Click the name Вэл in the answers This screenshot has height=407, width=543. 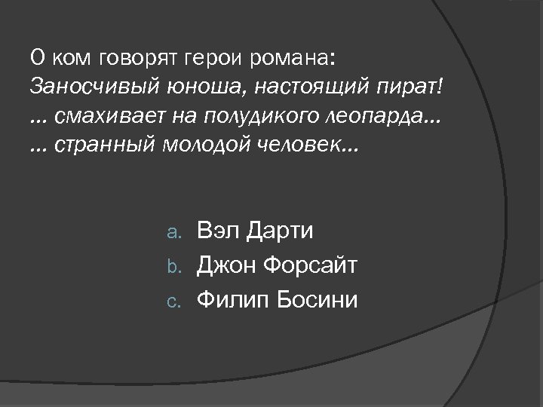click(x=219, y=231)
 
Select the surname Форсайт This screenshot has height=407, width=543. click(x=311, y=265)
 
